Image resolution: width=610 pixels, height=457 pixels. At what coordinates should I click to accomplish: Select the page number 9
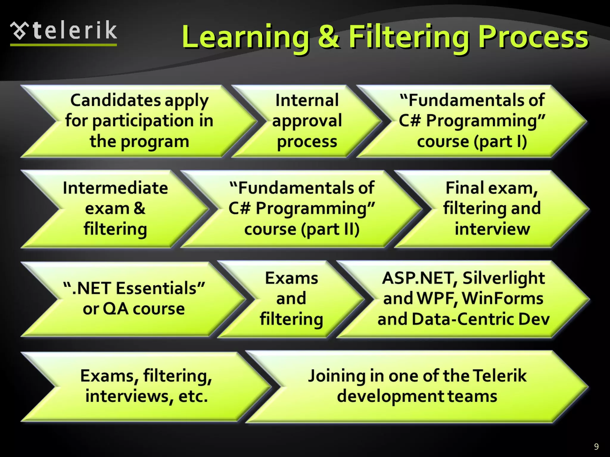596,446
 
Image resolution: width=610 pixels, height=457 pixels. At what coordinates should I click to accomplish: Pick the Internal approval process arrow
307,121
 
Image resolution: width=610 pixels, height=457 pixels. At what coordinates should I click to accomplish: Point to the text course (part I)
472,141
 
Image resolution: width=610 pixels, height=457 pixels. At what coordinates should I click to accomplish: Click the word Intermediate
115,188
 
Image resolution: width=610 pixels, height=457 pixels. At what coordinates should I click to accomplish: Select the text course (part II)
302,229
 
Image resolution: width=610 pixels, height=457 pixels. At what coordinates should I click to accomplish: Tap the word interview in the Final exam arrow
492,229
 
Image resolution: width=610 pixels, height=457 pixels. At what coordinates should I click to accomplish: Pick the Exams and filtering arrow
291,298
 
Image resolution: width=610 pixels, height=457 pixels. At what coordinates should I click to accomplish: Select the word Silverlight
503,278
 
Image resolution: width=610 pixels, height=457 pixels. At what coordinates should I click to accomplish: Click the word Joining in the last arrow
337,376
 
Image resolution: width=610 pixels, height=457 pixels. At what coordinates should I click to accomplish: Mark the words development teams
417,396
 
